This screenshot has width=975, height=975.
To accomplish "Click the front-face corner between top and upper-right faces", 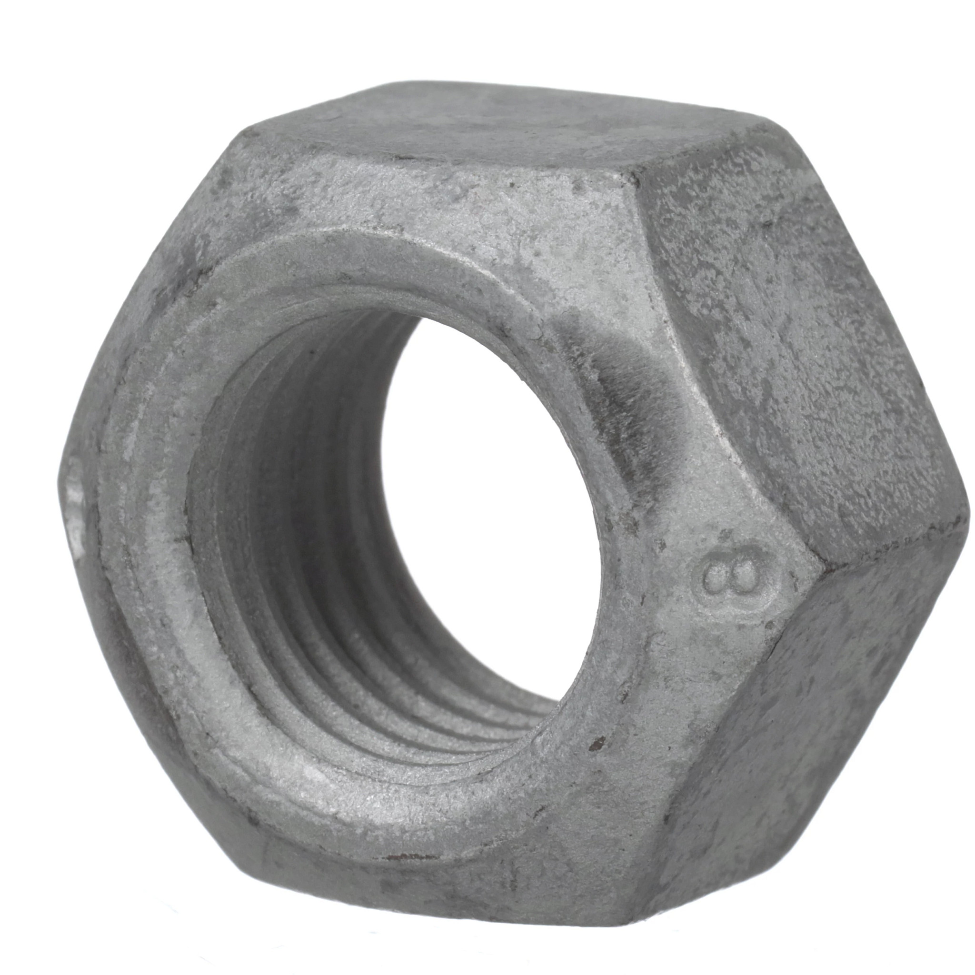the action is [634, 177].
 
